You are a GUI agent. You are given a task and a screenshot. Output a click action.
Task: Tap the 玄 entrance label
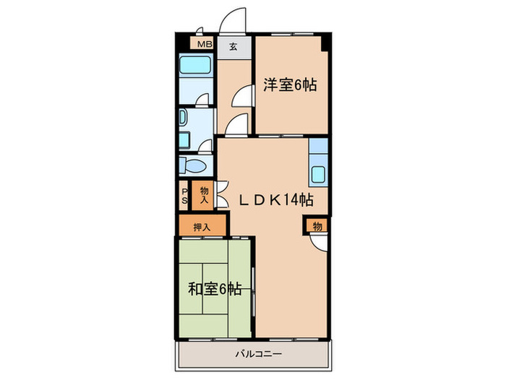(x=233, y=48)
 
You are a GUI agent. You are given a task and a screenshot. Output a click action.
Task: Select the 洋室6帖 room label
(x=289, y=84)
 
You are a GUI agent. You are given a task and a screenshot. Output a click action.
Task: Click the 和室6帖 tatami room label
(x=214, y=289)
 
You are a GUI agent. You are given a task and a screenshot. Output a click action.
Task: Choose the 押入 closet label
(x=202, y=226)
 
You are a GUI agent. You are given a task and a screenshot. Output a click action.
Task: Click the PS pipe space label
(x=184, y=196)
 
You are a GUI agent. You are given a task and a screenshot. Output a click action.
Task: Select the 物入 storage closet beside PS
(x=204, y=195)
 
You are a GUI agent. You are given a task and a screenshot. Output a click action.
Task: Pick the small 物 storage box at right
(x=317, y=227)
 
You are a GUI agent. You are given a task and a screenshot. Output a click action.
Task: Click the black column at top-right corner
(x=327, y=41)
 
